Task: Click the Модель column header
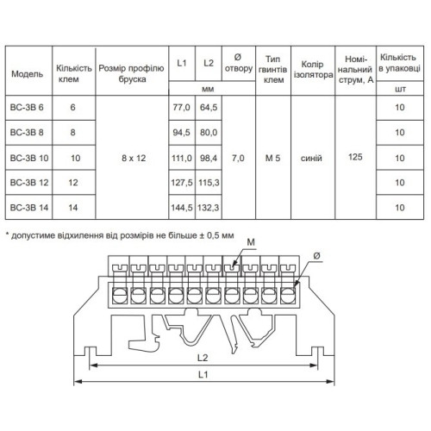tap(28, 74)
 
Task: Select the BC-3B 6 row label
tap(27, 107)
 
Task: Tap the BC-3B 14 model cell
tap(29, 208)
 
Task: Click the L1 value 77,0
tap(181, 107)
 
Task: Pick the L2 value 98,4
tap(209, 158)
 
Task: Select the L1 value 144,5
tap(182, 208)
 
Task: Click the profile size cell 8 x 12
tap(134, 158)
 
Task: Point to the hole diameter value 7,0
tap(238, 158)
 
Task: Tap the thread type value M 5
tap(272, 158)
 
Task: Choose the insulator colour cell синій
tap(311, 158)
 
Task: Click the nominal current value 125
tap(355, 157)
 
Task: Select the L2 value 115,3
tap(209, 183)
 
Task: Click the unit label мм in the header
tap(208, 89)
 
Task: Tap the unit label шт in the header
tap(400, 89)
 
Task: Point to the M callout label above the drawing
tap(251, 242)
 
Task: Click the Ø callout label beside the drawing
tap(316, 256)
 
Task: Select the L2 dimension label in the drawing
tap(203, 358)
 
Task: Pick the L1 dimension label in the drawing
tap(203, 374)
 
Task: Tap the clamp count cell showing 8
tap(72, 132)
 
